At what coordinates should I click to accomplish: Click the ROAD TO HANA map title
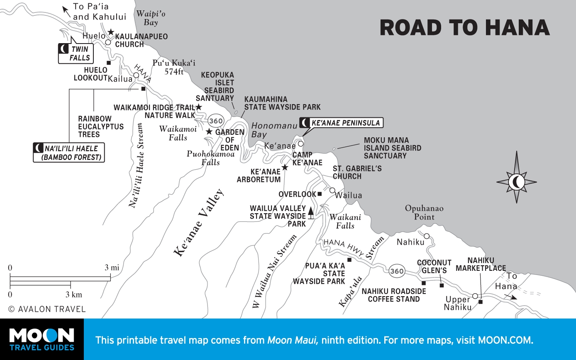[464, 28]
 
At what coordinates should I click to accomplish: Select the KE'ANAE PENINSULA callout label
[341, 123]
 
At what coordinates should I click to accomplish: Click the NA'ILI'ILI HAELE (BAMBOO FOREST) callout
[69, 153]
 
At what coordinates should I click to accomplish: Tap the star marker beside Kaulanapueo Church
[111, 32]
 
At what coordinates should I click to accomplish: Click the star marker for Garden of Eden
[209, 132]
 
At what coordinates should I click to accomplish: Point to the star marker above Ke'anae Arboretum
[285, 168]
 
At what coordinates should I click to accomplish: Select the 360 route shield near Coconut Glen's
[397, 271]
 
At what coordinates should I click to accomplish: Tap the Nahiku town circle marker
[426, 236]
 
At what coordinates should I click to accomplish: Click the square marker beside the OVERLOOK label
[320, 194]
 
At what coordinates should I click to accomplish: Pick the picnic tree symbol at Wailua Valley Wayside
[311, 213]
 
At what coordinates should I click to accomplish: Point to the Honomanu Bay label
[268, 130]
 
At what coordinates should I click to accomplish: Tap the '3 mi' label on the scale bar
[112, 268]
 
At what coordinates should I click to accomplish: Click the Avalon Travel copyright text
[47, 309]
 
